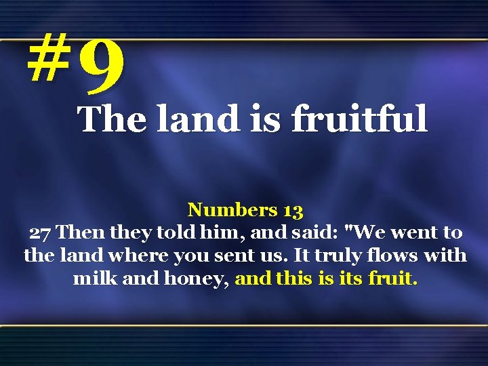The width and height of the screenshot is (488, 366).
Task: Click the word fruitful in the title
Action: click(x=360, y=120)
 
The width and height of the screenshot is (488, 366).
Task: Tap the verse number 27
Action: click(x=40, y=233)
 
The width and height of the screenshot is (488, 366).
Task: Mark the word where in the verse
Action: click(x=143, y=256)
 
